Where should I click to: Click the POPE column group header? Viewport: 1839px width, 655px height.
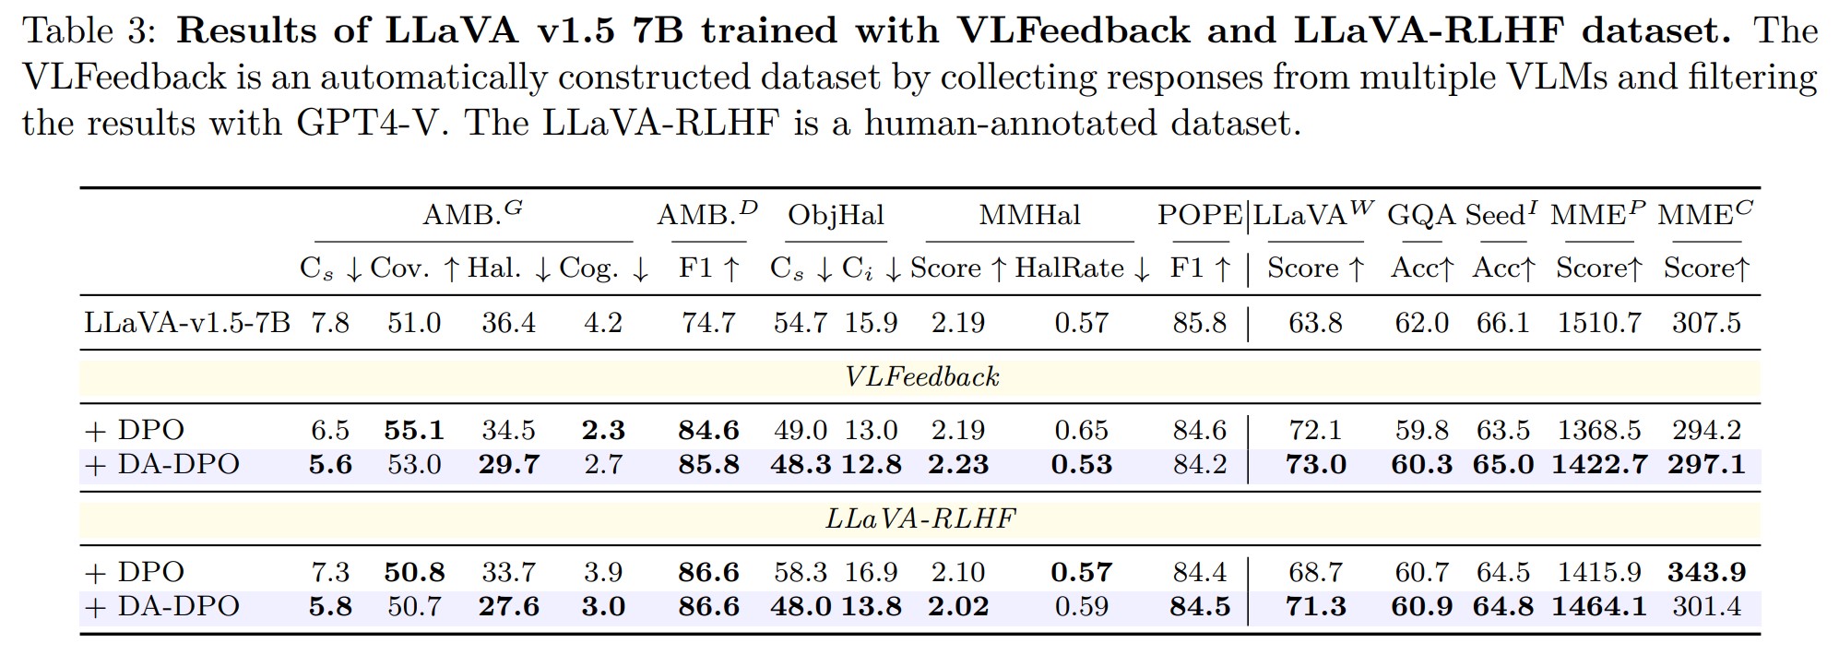click(x=1198, y=215)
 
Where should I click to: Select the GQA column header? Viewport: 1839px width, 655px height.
click(x=1420, y=215)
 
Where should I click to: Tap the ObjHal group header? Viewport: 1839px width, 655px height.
click(x=836, y=215)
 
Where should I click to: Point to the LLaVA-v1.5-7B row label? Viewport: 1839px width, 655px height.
click(x=187, y=323)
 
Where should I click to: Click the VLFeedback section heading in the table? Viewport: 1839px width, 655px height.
click(x=921, y=376)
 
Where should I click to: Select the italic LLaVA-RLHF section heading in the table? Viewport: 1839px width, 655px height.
click(x=920, y=518)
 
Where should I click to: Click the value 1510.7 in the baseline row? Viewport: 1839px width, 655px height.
click(x=1599, y=323)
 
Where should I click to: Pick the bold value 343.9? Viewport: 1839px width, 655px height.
click(x=1706, y=572)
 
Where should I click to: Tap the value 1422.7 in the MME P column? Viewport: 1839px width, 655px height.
click(x=1599, y=464)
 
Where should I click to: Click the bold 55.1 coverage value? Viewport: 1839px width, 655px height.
click(x=414, y=430)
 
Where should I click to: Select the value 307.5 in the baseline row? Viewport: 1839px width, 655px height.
click(x=1706, y=323)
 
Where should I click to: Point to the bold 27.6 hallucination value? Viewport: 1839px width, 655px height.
click(x=508, y=606)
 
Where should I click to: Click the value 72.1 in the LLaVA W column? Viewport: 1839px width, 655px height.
click(x=1315, y=430)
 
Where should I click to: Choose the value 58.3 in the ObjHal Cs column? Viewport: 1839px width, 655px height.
click(x=800, y=572)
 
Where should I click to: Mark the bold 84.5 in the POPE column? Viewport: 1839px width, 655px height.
click(x=1199, y=606)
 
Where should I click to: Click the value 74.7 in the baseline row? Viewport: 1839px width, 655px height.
click(x=708, y=323)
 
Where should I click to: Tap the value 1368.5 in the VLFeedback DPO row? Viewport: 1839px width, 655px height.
click(x=1599, y=430)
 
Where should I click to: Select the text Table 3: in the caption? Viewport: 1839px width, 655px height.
click(x=90, y=31)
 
